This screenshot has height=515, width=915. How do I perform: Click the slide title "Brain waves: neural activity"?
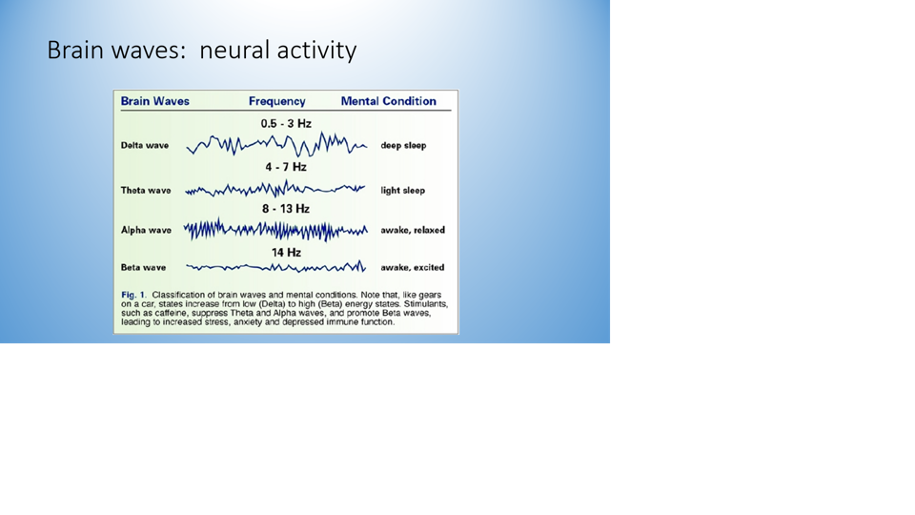[201, 51]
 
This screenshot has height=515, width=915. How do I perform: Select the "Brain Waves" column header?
[154, 101]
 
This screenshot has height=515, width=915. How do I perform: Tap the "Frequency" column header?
[276, 102]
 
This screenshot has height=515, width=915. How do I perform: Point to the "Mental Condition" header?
[389, 101]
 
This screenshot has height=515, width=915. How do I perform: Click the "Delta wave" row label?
[145, 145]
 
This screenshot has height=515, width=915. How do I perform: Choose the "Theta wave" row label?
[146, 191]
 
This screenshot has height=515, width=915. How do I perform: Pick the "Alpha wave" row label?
[146, 230]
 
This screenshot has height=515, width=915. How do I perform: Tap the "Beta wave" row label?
[143, 267]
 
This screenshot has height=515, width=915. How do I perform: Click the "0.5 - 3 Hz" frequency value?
[286, 124]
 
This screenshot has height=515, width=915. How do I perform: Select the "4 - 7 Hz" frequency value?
[286, 167]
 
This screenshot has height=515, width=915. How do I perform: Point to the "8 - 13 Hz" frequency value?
[286, 209]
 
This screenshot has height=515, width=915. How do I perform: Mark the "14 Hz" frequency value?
[286, 252]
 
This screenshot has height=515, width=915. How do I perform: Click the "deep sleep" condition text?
[403, 145]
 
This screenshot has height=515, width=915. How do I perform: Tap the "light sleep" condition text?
[402, 191]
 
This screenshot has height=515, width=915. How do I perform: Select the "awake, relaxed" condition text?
[413, 230]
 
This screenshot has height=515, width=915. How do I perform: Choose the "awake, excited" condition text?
[412, 267]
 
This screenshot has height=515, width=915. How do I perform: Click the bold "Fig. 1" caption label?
[132, 295]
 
